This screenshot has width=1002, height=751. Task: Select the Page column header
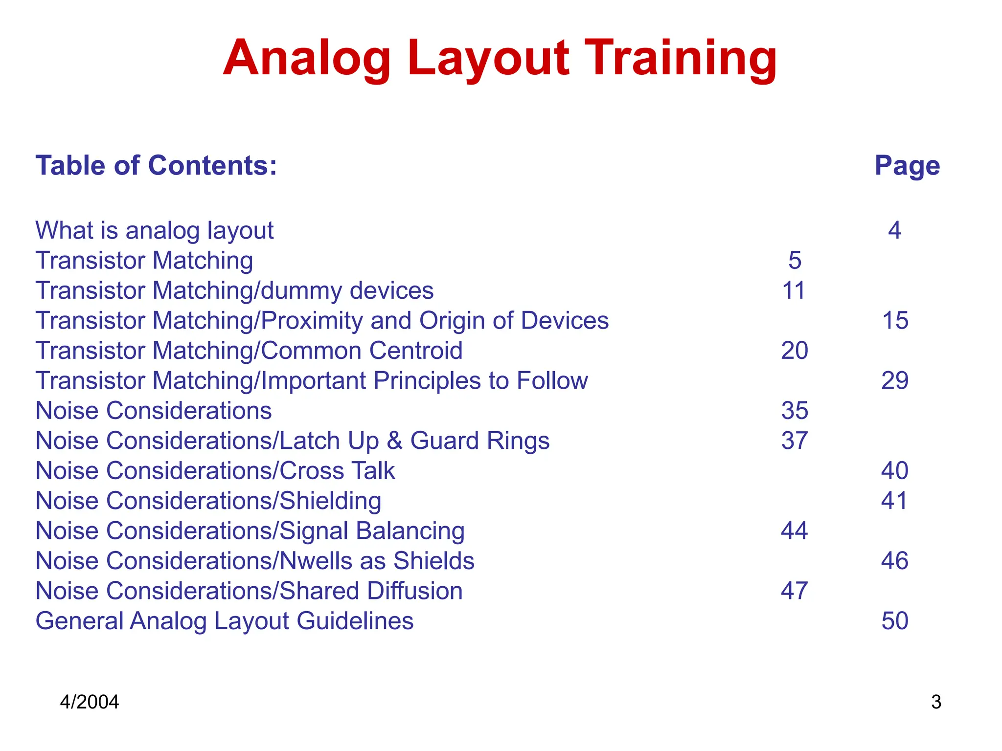pyautogui.click(x=907, y=166)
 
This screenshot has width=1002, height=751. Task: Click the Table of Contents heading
pyautogui.click(x=156, y=165)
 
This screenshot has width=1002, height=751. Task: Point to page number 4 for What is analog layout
pyautogui.click(x=894, y=230)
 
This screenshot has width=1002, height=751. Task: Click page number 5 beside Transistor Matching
pyautogui.click(x=795, y=260)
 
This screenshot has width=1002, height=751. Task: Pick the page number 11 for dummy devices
pyautogui.click(x=794, y=290)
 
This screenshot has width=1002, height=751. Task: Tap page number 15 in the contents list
pyautogui.click(x=895, y=321)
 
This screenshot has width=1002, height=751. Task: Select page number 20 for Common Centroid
pyautogui.click(x=795, y=351)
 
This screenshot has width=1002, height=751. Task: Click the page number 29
pyautogui.click(x=895, y=380)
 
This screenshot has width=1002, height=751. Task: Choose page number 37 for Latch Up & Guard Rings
pyautogui.click(x=795, y=441)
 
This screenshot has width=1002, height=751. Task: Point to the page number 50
pyautogui.click(x=895, y=621)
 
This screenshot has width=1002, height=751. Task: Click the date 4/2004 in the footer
pyautogui.click(x=89, y=702)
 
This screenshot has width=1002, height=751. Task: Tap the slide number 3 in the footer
pyautogui.click(x=936, y=702)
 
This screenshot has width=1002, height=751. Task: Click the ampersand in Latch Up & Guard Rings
pyautogui.click(x=394, y=441)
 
